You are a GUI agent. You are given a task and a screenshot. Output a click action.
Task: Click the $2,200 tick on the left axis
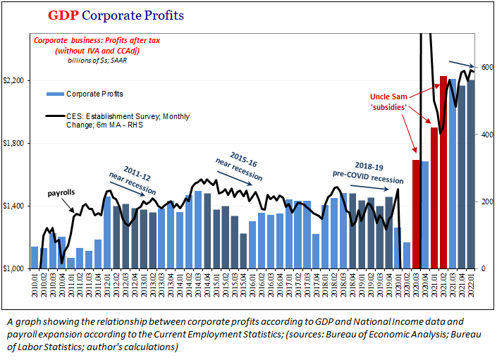click(14, 80)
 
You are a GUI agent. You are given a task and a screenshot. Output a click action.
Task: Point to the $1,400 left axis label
click(14, 206)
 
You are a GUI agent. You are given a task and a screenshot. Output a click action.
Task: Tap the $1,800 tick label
click(14, 143)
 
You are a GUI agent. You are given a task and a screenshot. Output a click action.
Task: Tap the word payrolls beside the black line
click(61, 192)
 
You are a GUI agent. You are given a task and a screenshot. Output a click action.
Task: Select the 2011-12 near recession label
click(132, 180)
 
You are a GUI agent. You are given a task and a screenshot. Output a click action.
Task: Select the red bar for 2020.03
click(416, 214)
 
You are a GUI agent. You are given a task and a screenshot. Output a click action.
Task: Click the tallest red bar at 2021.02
click(443, 172)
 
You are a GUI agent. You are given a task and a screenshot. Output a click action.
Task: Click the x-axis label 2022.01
click(471, 287)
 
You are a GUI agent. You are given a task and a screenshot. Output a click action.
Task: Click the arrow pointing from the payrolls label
click(73, 206)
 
